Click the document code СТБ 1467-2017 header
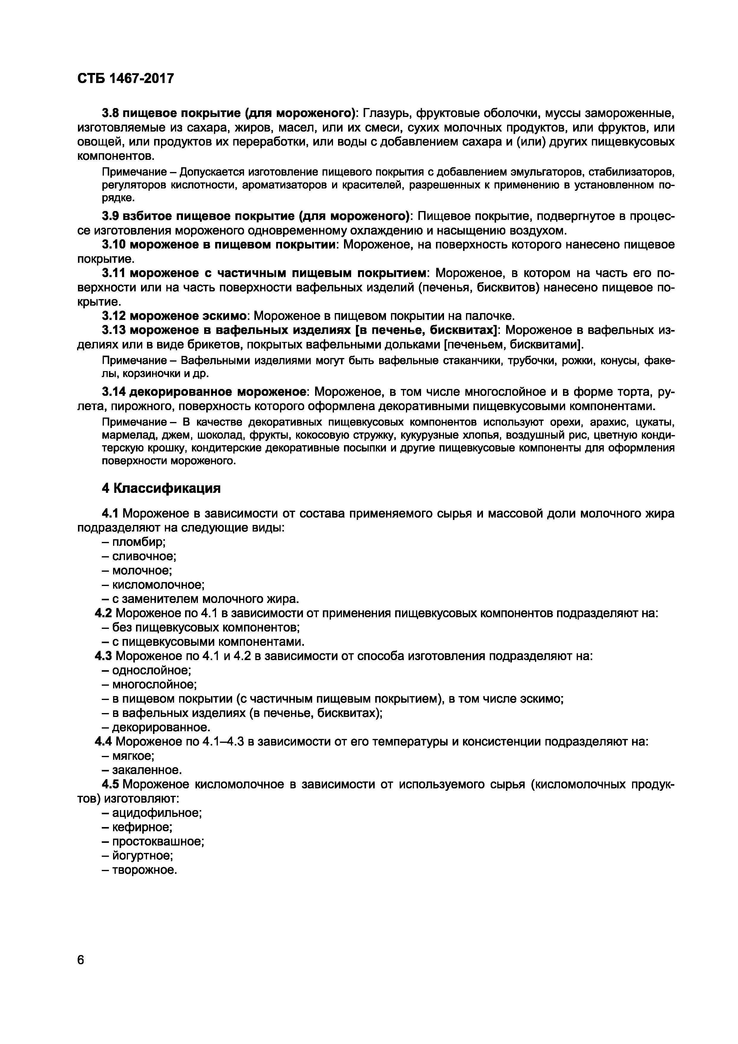126,79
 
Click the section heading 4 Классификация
161,488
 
